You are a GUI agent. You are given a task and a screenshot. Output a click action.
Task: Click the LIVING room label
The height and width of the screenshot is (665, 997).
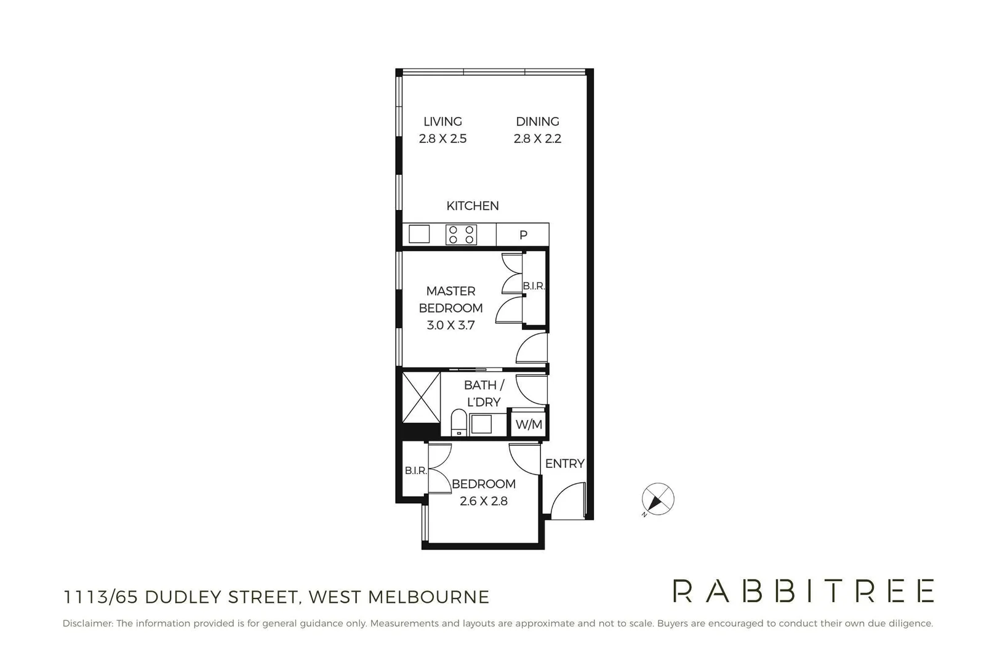442,121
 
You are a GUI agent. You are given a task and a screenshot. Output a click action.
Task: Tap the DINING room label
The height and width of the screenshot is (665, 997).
537,121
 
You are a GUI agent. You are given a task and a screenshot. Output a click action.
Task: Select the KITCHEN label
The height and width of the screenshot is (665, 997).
473,206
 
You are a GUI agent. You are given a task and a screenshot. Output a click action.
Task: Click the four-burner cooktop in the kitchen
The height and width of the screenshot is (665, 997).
461,235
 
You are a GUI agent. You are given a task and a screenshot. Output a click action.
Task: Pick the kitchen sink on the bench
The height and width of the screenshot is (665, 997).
419,235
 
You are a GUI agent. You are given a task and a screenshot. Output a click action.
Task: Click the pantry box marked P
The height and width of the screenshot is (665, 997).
523,235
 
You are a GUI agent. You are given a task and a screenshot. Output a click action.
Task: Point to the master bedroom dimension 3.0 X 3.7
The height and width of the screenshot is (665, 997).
450,325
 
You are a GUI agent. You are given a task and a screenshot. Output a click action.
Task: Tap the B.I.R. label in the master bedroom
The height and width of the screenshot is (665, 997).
534,286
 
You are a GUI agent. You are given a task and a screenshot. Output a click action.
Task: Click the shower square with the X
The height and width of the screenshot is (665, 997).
422,397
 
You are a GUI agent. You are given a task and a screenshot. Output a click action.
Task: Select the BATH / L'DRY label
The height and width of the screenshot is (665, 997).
484,393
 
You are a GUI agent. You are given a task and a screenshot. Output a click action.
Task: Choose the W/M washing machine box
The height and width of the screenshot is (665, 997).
529,424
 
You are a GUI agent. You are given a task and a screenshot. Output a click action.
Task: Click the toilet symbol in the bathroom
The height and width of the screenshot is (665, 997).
458,423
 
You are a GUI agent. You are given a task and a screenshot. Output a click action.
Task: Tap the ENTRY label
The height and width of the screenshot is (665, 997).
564,464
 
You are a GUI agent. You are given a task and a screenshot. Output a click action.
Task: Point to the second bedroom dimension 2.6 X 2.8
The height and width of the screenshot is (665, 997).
483,501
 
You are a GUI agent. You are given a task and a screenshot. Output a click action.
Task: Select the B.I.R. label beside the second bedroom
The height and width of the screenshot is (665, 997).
415,470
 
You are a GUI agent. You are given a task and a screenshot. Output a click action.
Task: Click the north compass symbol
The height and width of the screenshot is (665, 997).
657,499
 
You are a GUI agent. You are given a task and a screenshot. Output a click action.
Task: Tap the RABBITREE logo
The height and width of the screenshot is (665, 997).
803,591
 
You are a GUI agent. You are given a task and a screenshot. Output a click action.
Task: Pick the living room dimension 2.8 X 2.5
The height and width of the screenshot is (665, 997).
442,139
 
